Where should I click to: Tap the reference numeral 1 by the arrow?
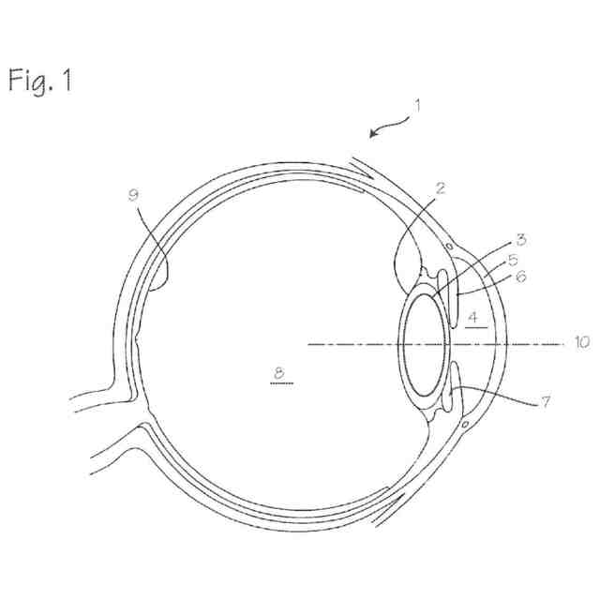418,105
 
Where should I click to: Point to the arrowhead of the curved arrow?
373,135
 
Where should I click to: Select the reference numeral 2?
440,188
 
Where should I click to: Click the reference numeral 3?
521,239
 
